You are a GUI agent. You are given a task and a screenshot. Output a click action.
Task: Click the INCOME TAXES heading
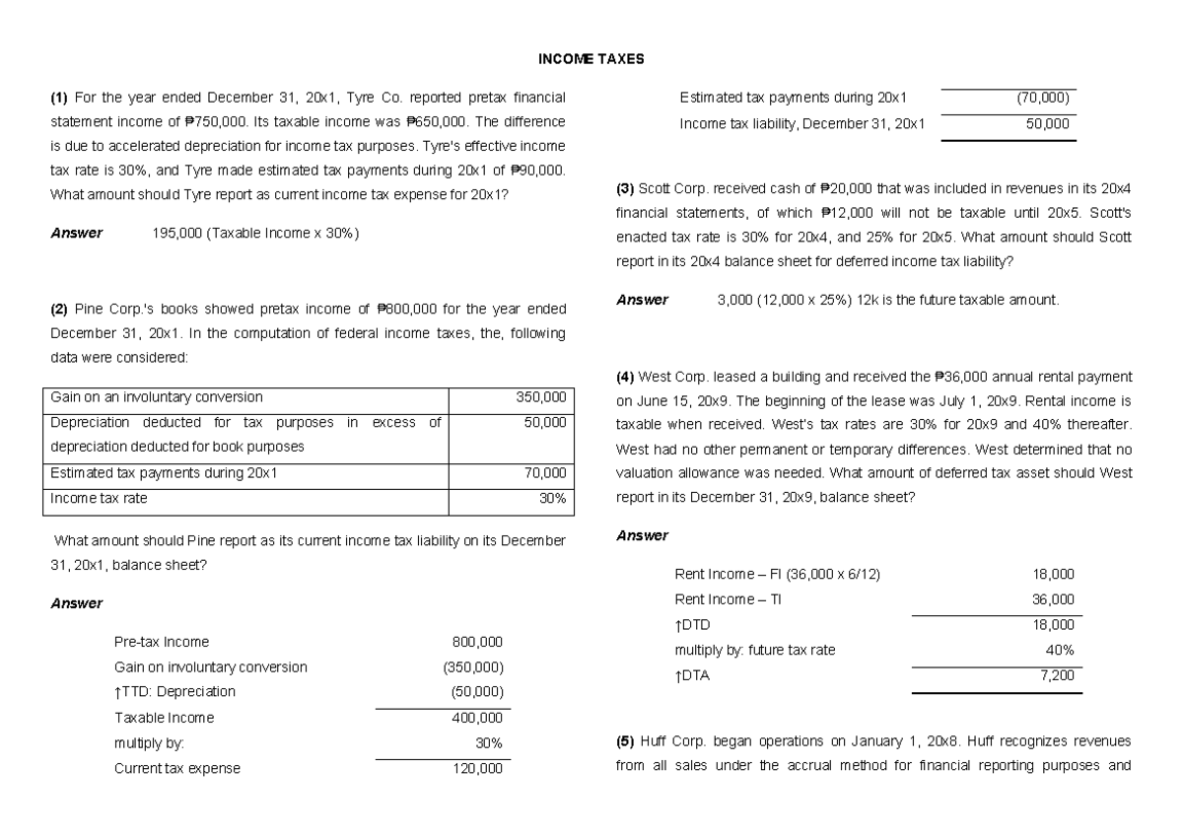(x=591, y=59)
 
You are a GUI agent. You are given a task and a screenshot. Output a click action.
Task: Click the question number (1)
(x=59, y=98)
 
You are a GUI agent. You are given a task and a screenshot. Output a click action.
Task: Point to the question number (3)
(x=625, y=187)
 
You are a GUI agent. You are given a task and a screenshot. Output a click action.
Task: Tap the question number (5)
(x=625, y=740)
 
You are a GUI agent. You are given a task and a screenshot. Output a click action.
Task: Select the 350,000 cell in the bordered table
(x=541, y=397)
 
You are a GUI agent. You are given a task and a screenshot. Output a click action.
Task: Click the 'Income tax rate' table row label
(x=99, y=499)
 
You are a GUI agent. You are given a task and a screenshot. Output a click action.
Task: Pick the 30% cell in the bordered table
(x=552, y=499)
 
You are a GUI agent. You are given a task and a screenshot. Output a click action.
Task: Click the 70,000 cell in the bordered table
(x=545, y=473)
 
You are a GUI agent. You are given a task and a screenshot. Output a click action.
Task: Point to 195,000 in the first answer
(x=174, y=234)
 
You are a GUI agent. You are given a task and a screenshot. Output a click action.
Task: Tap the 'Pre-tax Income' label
(x=162, y=642)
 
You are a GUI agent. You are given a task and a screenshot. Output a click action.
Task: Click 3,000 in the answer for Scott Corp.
(x=735, y=300)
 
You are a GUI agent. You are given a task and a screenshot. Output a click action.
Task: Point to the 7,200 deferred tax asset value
(x=1058, y=676)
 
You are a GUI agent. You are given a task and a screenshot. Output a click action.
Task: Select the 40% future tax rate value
(x=1060, y=651)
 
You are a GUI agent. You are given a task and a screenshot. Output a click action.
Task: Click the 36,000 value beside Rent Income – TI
(x=1054, y=599)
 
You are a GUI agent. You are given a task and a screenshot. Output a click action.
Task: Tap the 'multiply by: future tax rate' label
(x=754, y=651)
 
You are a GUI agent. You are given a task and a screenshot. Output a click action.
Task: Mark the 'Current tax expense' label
(x=177, y=769)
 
